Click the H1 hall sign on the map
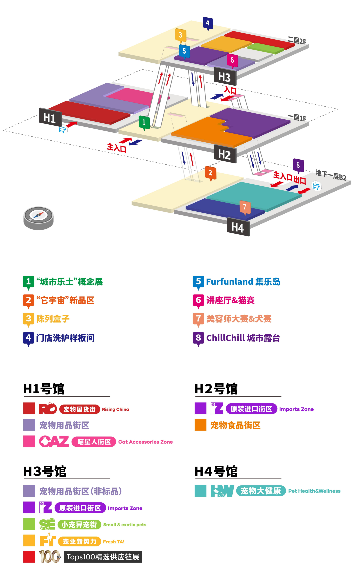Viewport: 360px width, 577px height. point(50,117)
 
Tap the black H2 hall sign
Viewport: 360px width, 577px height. point(225,154)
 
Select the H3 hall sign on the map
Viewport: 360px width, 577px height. point(225,77)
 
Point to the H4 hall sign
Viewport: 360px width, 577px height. point(238,227)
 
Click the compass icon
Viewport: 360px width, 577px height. point(38,217)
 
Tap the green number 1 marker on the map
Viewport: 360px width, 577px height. point(144,122)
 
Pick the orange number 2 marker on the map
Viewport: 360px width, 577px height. point(210,173)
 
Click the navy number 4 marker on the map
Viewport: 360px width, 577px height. point(208,23)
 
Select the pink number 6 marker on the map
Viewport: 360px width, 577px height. point(232,60)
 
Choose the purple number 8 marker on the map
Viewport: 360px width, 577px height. point(298,165)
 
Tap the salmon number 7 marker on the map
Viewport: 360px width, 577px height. point(245,207)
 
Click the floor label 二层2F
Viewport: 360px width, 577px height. point(297,41)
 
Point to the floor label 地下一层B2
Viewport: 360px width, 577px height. point(331,175)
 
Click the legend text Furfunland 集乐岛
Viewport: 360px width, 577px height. point(243,282)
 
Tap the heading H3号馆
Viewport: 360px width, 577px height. point(45,472)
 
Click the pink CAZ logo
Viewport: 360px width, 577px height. point(54,442)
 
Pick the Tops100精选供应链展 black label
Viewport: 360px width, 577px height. point(103,557)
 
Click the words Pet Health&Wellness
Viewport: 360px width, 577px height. point(314,491)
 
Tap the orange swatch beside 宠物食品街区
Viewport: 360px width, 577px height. point(200,425)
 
